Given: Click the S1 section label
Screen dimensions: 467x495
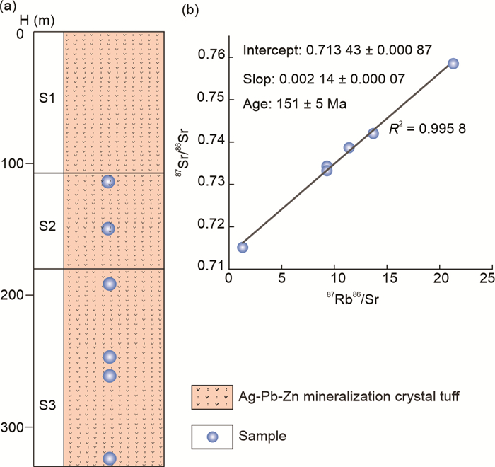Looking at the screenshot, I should (x=47, y=98).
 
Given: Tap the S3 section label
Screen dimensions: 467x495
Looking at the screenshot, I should (x=47, y=405).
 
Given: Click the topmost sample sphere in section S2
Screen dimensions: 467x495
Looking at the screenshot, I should (x=108, y=182).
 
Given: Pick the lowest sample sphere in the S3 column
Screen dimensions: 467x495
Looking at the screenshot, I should (x=109, y=459).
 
